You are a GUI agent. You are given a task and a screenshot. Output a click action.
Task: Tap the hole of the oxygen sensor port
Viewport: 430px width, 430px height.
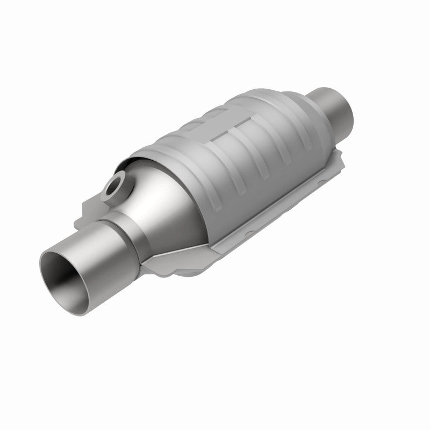point(114,188)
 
